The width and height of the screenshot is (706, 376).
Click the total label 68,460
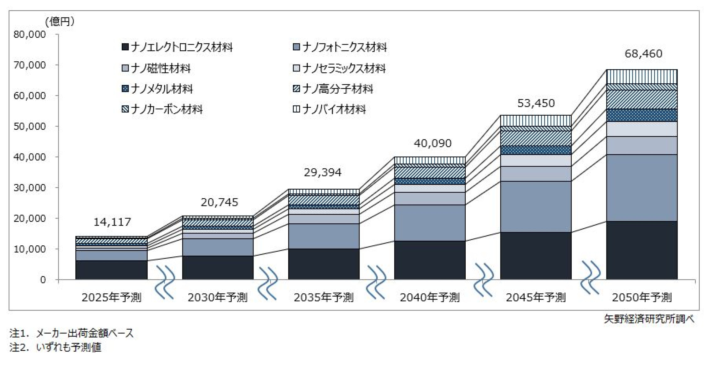click(643, 54)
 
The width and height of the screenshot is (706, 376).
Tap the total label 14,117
click(112, 222)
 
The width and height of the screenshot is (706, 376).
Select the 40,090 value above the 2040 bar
click(432, 143)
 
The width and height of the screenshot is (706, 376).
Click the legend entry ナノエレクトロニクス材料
click(177, 47)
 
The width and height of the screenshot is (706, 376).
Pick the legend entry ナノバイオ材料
click(329, 109)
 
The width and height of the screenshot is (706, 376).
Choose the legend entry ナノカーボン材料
click(162, 109)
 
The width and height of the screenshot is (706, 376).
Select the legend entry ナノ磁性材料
click(156, 68)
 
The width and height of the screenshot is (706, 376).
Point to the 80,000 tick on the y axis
click(30, 34)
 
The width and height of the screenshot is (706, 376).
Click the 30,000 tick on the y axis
click(30, 188)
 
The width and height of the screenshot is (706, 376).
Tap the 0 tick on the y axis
click(43, 279)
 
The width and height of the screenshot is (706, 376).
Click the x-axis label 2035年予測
click(323, 297)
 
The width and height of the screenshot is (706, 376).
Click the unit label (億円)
click(60, 21)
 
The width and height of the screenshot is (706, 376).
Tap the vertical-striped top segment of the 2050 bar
click(642, 76)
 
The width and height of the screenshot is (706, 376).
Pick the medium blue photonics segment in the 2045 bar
click(536, 206)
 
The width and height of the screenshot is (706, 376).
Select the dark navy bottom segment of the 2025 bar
click(111, 270)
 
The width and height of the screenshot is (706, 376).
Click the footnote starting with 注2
click(55, 347)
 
